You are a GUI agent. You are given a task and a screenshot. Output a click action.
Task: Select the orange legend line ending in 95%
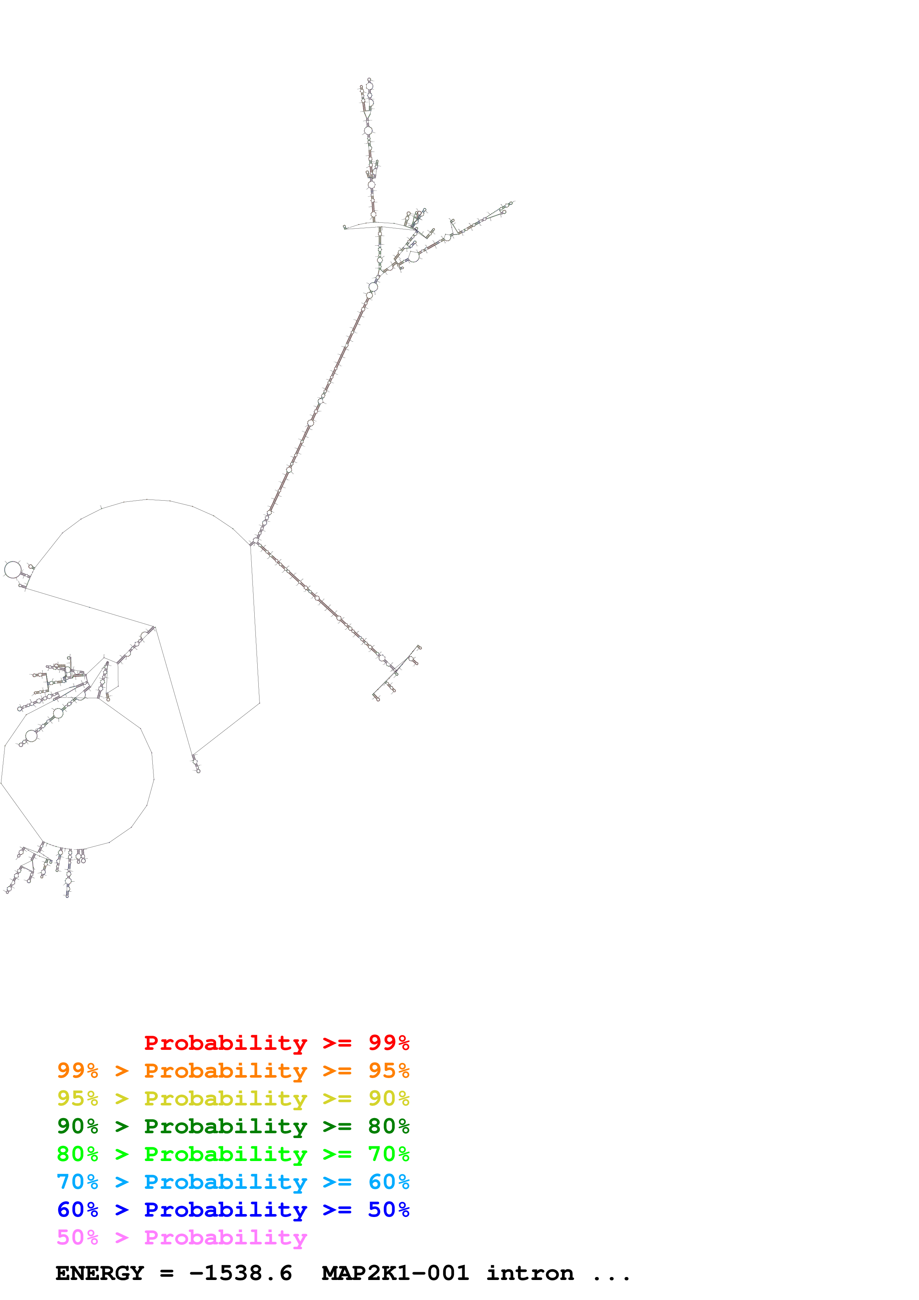[x=233, y=1071]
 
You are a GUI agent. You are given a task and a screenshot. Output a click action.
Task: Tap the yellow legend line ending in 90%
[x=233, y=1098]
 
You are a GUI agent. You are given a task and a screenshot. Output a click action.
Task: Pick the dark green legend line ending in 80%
[x=233, y=1126]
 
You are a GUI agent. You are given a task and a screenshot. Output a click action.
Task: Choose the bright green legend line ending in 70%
[x=233, y=1154]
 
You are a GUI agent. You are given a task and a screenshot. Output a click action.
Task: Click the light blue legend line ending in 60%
[x=233, y=1182]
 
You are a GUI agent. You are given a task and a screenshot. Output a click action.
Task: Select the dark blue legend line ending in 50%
[x=233, y=1210]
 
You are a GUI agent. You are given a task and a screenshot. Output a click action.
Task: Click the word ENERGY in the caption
[x=100, y=1273]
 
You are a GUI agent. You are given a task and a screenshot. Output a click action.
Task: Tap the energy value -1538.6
[x=241, y=1273]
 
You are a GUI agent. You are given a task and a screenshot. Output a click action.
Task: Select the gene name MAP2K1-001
[x=395, y=1273]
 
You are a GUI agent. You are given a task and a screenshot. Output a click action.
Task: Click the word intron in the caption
[x=530, y=1273]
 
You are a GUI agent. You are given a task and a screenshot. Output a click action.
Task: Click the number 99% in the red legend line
[x=389, y=1043]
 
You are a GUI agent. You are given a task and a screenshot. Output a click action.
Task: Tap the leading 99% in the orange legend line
[x=77, y=1071]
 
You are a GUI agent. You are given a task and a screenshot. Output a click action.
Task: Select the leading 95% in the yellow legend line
[x=77, y=1098]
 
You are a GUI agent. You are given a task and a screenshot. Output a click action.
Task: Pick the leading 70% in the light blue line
[x=77, y=1182]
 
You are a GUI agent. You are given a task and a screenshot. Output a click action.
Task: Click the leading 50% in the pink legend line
[x=77, y=1237]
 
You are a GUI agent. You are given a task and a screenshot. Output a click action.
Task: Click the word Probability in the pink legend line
[x=225, y=1237]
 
